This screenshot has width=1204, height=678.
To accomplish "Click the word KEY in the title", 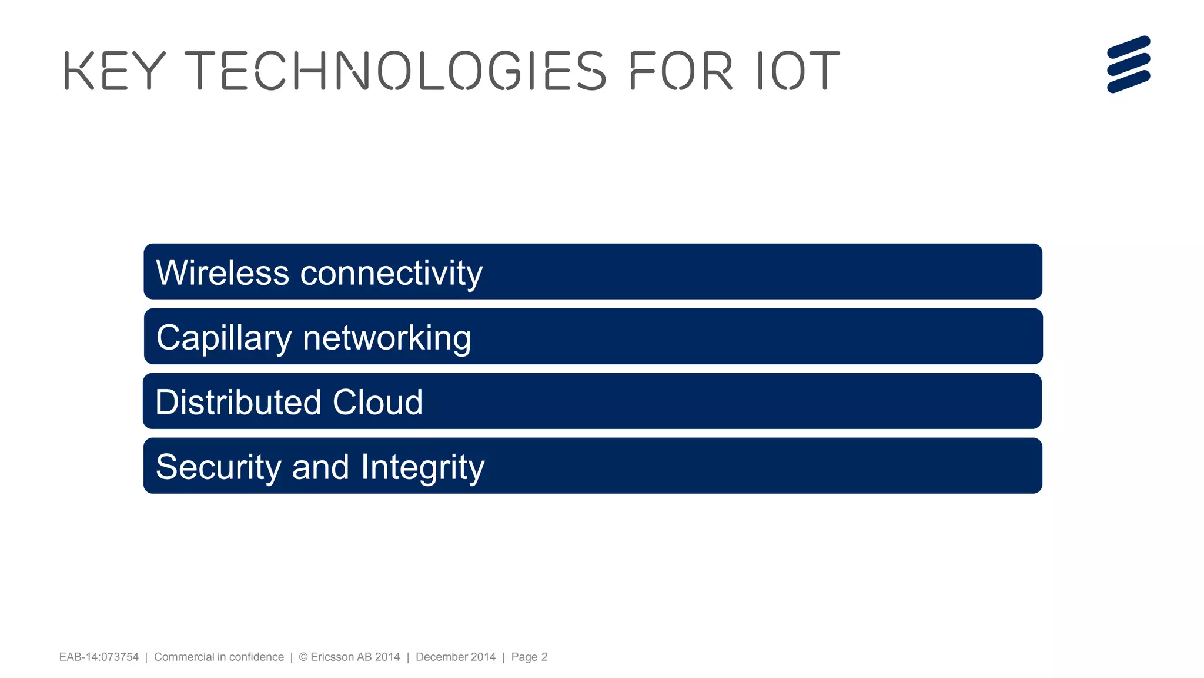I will (115, 71).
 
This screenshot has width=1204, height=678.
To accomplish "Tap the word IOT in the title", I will (798, 71).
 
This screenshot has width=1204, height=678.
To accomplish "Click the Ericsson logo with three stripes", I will (1128, 65).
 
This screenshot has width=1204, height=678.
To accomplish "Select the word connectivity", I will (392, 274).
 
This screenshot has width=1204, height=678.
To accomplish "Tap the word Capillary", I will (224, 338).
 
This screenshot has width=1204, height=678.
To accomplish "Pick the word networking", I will (387, 338).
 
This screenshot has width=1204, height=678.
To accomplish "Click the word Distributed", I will (238, 402).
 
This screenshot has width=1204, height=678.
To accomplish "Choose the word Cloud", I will (377, 402).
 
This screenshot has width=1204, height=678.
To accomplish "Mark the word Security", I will (219, 468).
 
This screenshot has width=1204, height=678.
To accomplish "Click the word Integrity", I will (423, 468).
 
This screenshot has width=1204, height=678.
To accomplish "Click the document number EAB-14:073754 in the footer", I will (99, 657).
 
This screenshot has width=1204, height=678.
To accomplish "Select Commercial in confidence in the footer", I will (219, 657).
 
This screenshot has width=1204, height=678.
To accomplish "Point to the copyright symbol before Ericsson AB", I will (303, 657).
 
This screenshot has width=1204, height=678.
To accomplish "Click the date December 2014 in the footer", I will (456, 657).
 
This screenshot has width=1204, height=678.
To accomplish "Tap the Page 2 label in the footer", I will (529, 657).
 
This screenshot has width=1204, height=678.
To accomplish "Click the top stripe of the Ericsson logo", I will (1128, 47).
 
